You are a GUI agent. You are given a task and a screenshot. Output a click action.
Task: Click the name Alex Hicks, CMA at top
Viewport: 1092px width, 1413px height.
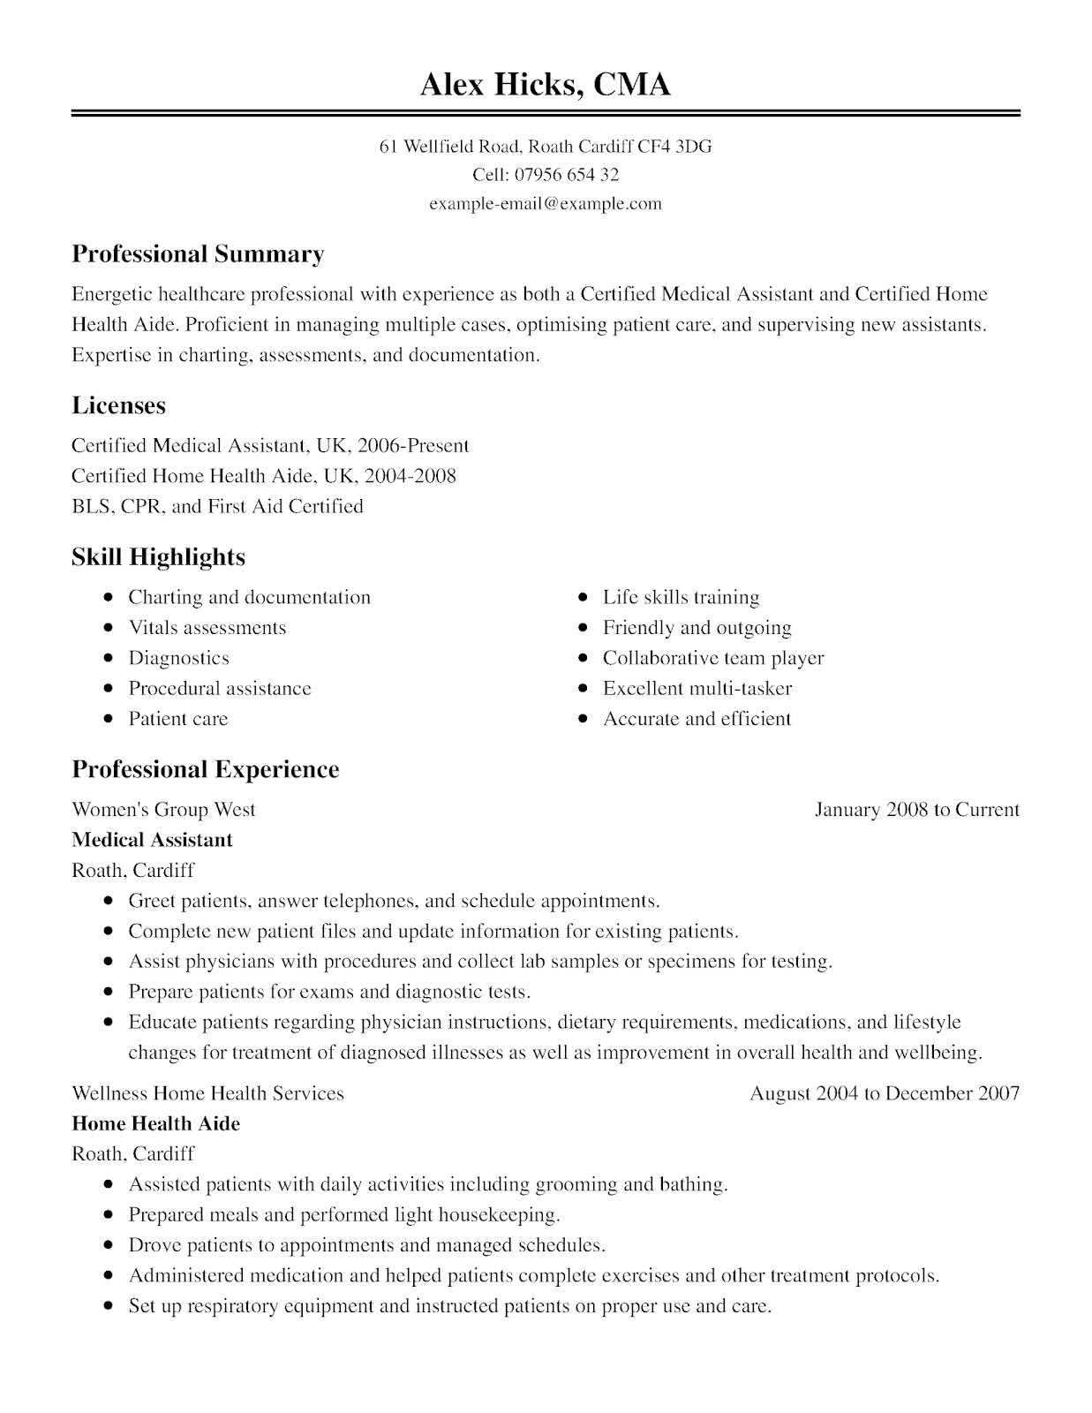[545, 84]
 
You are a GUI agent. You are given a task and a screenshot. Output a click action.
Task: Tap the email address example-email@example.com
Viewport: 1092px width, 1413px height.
[545, 204]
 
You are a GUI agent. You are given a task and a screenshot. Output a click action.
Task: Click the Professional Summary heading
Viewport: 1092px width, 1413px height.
[198, 254]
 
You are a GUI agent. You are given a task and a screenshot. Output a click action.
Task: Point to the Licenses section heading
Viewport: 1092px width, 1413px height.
[118, 405]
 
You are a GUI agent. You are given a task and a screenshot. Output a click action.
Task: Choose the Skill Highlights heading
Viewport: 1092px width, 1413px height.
[158, 557]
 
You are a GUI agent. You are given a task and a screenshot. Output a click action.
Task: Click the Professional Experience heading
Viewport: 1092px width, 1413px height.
[205, 769]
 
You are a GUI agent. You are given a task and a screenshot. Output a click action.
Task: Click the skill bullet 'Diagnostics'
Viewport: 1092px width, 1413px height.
[178, 658]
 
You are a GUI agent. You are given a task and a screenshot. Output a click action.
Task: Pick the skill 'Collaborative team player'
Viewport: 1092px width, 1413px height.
[713, 658]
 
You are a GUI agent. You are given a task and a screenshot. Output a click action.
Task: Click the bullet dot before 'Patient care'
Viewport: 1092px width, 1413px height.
[108, 719]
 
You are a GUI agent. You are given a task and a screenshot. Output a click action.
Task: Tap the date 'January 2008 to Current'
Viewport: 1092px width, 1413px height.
[916, 810]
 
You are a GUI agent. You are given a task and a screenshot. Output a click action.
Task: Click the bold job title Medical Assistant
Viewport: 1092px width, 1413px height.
[152, 840]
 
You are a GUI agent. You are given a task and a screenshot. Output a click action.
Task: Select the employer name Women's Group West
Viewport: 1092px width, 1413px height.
[163, 810]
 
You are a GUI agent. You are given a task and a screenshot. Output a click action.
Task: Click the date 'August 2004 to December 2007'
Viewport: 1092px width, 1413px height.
[885, 1093]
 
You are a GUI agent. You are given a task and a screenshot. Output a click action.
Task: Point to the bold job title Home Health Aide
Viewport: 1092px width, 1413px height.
[155, 1123]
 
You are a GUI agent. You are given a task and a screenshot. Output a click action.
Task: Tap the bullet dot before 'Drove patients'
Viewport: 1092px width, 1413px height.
[108, 1245]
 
